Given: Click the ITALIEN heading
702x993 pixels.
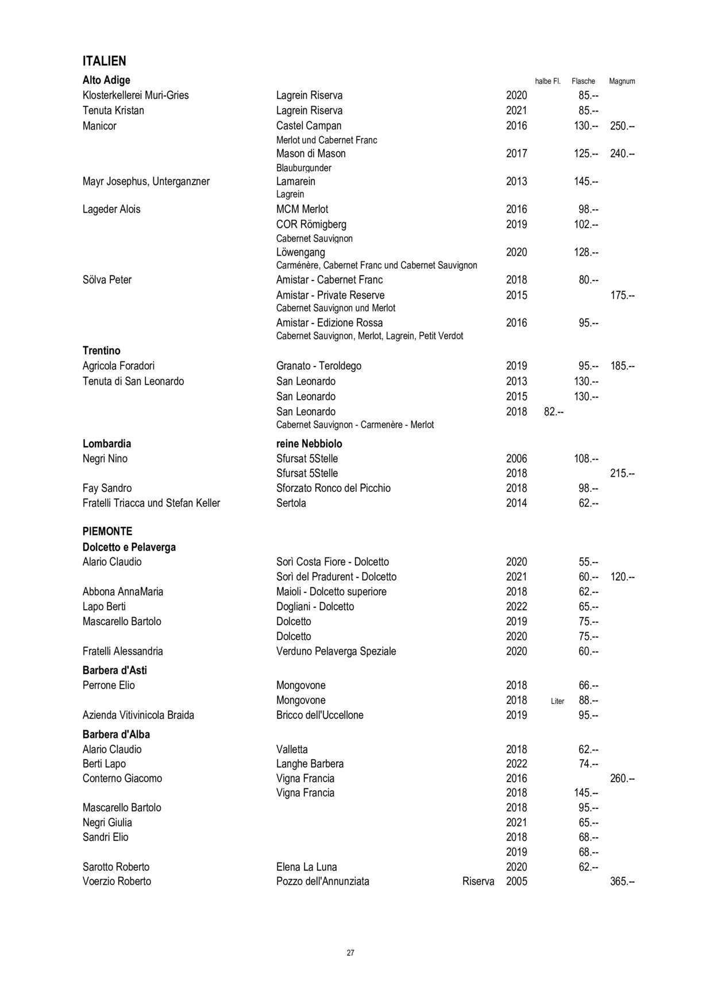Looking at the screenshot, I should pyautogui.click(x=105, y=61).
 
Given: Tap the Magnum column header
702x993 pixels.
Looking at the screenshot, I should pyautogui.click(x=622, y=81).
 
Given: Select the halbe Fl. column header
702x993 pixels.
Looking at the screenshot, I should pyautogui.click(x=547, y=81).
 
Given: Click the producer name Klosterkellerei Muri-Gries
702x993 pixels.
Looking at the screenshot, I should pyautogui.click(x=136, y=95).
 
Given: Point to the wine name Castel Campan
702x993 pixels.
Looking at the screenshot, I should pyautogui.click(x=308, y=126).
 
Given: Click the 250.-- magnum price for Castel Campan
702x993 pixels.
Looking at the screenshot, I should pyautogui.click(x=622, y=126).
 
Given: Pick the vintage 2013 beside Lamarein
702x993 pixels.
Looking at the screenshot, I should pyautogui.click(x=516, y=182).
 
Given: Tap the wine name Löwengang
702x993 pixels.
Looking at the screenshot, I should pyautogui.click(x=300, y=252).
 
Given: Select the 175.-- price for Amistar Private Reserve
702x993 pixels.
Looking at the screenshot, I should pyautogui.click(x=622, y=295).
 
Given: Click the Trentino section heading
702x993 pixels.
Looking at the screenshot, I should pyautogui.click(x=102, y=351).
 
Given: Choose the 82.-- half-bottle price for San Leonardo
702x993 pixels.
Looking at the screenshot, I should pyautogui.click(x=553, y=411).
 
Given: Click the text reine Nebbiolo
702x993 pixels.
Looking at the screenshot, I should pyautogui.click(x=309, y=444).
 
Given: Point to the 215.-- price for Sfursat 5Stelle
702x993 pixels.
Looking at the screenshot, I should pyautogui.click(x=622, y=474).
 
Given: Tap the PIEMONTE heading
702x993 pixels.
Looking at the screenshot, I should pyautogui.click(x=107, y=531).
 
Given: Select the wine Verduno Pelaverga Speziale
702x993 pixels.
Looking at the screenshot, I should pyautogui.click(x=336, y=651).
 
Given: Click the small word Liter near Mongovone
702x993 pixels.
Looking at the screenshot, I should pyautogui.click(x=557, y=701).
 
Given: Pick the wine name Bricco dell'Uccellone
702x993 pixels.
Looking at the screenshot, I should pyautogui.click(x=319, y=715).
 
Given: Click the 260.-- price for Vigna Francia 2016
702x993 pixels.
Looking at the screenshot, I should pyautogui.click(x=622, y=779).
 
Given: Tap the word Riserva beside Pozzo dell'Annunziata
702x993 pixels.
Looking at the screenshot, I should pyautogui.click(x=478, y=882).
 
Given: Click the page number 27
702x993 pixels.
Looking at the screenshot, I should pyautogui.click(x=350, y=953).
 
